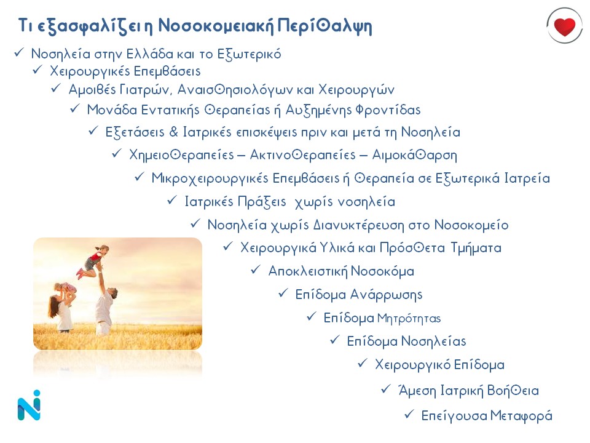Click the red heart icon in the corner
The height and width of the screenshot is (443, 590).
(564, 26)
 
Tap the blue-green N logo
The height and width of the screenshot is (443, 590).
(29, 405)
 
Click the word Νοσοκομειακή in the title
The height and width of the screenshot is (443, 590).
(216, 26)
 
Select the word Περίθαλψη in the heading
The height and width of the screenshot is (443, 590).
(324, 26)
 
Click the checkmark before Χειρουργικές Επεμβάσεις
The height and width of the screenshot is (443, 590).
(37, 70)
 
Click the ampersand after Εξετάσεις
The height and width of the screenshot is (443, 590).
(173, 132)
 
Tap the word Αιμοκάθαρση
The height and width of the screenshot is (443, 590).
(415, 155)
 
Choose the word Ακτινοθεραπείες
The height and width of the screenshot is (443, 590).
(303, 155)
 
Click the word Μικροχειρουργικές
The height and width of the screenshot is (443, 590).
(210, 178)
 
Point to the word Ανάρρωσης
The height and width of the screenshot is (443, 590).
(386, 295)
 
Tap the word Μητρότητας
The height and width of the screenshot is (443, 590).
(409, 319)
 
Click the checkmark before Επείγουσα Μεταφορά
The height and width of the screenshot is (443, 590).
(409, 414)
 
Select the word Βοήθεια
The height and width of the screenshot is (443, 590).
(513, 391)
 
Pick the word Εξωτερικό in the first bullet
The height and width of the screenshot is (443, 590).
(249, 54)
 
